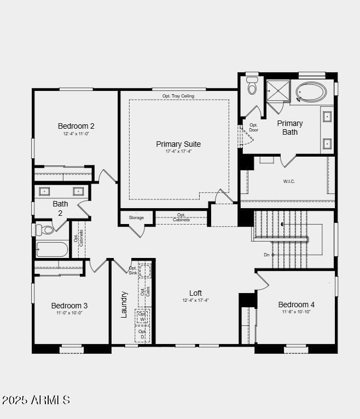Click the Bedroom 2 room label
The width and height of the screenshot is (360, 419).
(76, 126)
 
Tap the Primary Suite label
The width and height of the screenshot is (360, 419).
(178, 144)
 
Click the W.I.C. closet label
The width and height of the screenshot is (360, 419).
(289, 181)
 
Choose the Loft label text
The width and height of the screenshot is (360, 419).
(195, 293)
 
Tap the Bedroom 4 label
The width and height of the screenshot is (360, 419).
(296, 305)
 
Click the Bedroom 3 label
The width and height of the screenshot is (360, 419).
(69, 306)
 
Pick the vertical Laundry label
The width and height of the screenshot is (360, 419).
(124, 304)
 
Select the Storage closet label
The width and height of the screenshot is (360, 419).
(136, 217)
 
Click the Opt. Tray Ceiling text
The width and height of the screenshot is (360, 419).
(178, 96)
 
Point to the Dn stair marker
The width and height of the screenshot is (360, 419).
(267, 255)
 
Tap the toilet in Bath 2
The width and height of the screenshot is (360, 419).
(46, 229)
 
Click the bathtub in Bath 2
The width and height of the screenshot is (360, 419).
(53, 250)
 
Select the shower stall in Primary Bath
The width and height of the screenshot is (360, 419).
(277, 90)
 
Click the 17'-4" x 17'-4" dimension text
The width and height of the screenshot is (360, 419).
(178, 152)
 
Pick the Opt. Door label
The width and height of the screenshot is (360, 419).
(253, 128)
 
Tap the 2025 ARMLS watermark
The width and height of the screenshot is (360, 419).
(36, 400)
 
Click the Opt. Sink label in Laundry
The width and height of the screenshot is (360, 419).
(133, 270)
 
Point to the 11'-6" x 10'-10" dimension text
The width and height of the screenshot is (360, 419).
(296, 312)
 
